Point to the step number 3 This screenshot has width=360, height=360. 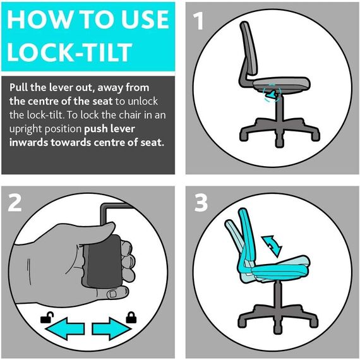(x=201, y=203)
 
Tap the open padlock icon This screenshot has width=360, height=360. (x=46, y=318)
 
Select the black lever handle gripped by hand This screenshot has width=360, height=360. (x=102, y=260)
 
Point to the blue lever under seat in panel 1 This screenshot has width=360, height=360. (x=272, y=95)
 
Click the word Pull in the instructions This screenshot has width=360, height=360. (x=20, y=87)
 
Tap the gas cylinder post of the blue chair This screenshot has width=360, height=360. (x=277, y=294)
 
